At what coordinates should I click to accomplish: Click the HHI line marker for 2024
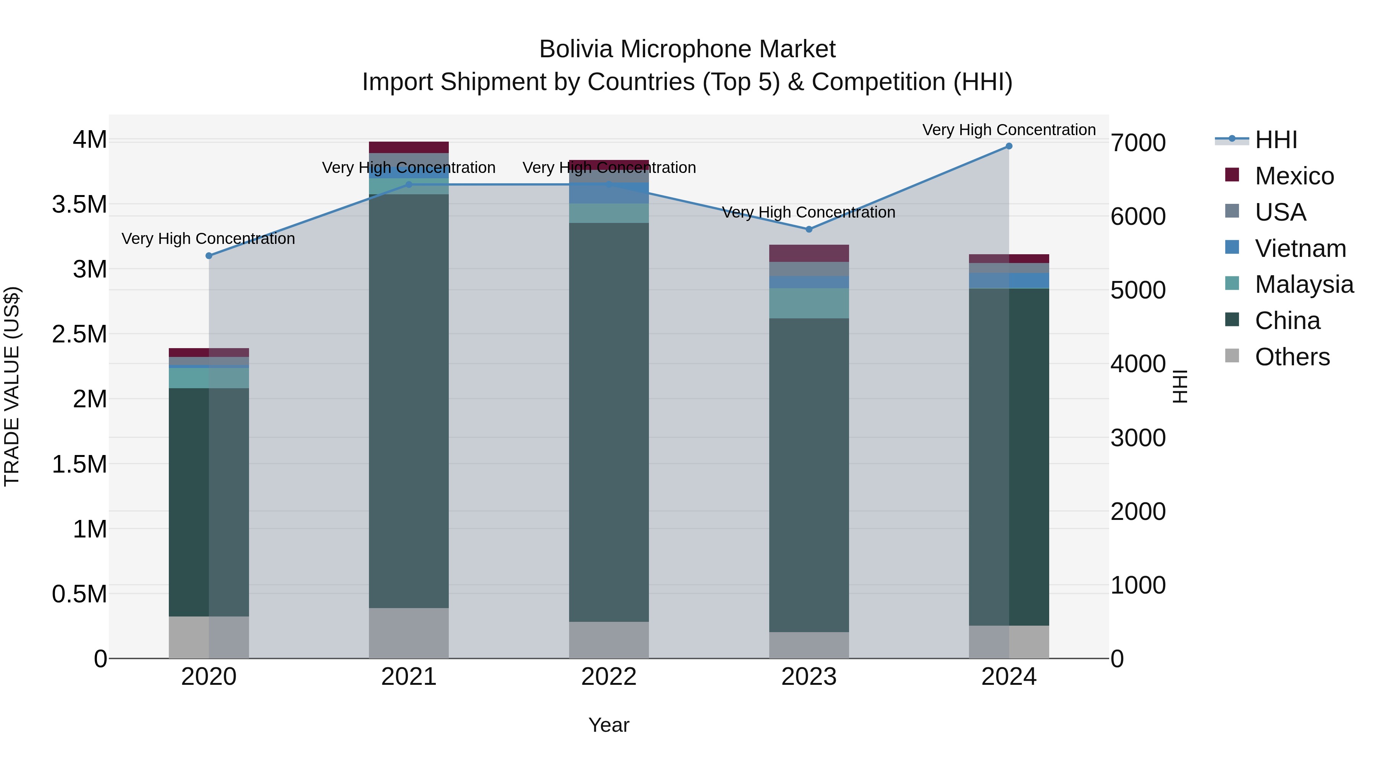pyautogui.click(x=1008, y=146)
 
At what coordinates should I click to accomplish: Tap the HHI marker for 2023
pyautogui.click(x=809, y=229)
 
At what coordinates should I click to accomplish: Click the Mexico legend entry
pyautogui.click(x=1294, y=176)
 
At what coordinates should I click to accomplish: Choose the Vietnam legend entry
pyautogui.click(x=1300, y=249)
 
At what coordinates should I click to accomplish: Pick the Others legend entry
pyautogui.click(x=1292, y=357)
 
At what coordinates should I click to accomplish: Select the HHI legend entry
pyautogui.click(x=1276, y=140)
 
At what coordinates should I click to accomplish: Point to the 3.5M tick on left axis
pyautogui.click(x=79, y=204)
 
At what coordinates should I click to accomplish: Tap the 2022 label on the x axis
pyautogui.click(x=608, y=677)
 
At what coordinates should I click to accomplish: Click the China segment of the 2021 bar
pyautogui.click(x=409, y=400)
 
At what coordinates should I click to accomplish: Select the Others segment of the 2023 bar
pyautogui.click(x=809, y=645)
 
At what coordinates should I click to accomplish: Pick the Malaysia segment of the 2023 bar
pyautogui.click(x=809, y=303)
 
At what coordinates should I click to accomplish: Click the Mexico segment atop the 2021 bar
pyautogui.click(x=409, y=147)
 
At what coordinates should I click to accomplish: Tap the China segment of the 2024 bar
pyautogui.click(x=1008, y=456)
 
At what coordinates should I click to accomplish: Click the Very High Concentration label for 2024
pyautogui.click(x=1008, y=130)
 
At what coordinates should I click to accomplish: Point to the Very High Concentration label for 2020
pyautogui.click(x=208, y=239)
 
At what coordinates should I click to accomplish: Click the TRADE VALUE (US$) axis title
pyautogui.click(x=12, y=386)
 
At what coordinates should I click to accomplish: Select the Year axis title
pyautogui.click(x=608, y=725)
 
